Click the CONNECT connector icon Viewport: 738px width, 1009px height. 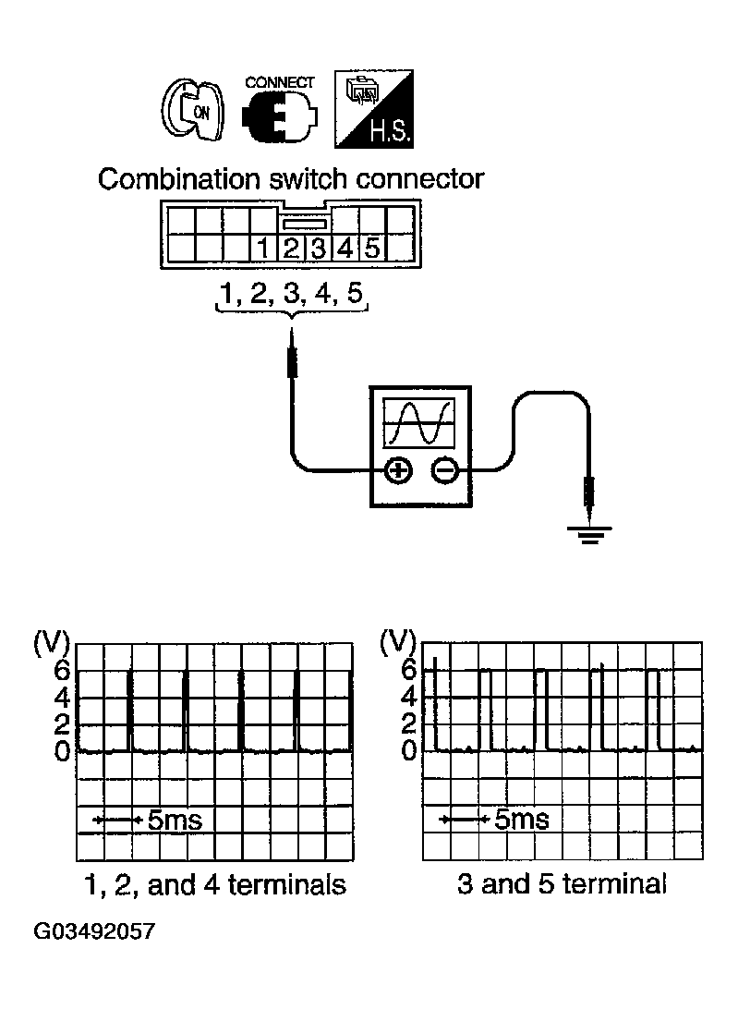tap(278, 115)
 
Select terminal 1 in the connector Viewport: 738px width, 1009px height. tap(263, 248)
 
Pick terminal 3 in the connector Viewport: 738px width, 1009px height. tap(318, 248)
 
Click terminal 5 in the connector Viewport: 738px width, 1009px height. tap(371, 248)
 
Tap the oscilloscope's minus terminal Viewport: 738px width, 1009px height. tap(444, 471)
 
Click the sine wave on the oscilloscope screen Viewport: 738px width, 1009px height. tap(420, 422)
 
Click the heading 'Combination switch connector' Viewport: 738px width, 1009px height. tap(290, 178)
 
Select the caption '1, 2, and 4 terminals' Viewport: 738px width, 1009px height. tap(214, 884)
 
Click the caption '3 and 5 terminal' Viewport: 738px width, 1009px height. tap(562, 884)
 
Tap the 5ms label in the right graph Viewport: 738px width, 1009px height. tap(521, 820)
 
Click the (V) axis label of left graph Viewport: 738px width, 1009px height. tap(46, 642)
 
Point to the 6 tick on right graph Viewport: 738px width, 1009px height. tap(408, 670)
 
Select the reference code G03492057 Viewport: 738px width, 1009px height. tap(94, 930)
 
